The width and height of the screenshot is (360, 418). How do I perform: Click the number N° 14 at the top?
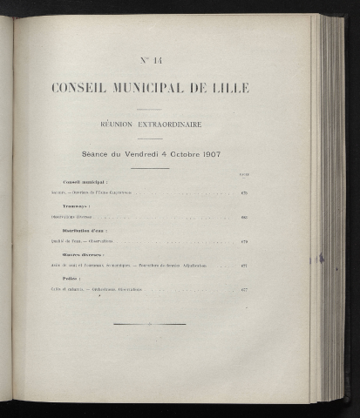(150, 59)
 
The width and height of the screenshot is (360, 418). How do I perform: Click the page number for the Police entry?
(245, 289)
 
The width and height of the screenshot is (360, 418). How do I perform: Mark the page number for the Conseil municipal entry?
(245, 193)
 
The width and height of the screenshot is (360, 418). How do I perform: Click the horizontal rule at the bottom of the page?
(150, 325)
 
